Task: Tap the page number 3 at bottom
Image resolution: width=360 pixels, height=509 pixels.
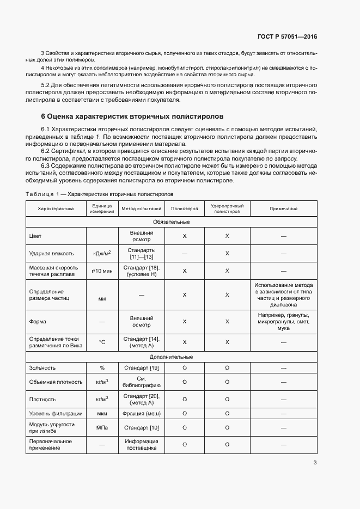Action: pos(315,463)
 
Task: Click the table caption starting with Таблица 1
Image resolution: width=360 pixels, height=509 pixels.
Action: pos(99,194)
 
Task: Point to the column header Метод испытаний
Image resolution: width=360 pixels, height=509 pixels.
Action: pos(141,208)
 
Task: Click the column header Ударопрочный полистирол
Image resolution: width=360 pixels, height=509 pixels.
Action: pos(227,208)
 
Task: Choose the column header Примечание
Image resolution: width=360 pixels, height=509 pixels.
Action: pos(283,208)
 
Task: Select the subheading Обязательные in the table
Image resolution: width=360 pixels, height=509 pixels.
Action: pos(171,222)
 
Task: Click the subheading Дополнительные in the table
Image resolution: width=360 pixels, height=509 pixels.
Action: pos(171,357)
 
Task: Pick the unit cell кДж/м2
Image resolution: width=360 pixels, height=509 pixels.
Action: pos(102,253)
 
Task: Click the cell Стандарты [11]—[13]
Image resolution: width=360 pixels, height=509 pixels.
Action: pos(141,253)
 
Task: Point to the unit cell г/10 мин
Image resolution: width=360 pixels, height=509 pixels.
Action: pos(102,271)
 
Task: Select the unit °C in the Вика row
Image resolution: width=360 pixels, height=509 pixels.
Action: pos(102,342)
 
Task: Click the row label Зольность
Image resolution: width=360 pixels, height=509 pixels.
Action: pos(42,368)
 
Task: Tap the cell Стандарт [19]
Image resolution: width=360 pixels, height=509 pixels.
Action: pos(141,368)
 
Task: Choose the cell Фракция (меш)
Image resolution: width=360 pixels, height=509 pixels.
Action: pos(141,414)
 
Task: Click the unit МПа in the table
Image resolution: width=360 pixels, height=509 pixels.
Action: pos(102,428)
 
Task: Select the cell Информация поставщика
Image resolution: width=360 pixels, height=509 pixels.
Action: pos(141,445)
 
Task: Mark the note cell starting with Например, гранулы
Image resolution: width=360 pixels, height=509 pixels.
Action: pos(283,322)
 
